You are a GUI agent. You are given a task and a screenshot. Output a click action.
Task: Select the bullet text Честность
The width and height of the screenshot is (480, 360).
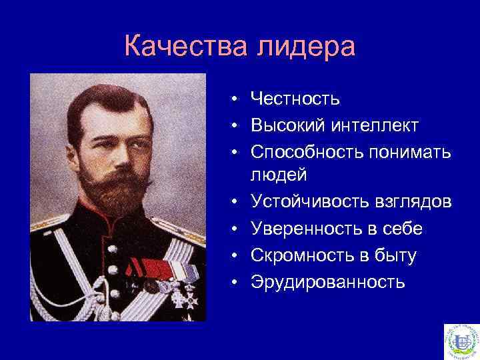[295, 99]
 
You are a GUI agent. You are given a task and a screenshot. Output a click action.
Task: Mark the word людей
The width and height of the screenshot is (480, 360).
[278, 175]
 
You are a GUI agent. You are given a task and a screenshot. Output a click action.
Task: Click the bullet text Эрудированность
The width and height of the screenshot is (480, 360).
[327, 281]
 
